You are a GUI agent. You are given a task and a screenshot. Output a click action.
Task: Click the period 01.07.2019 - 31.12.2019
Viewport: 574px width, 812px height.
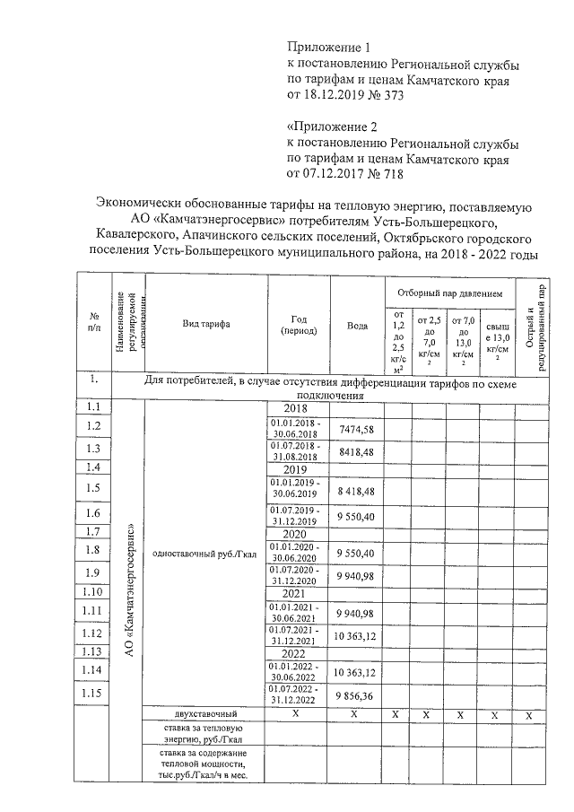coord(299,514)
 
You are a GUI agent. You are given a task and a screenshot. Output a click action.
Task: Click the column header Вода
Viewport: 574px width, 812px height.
coord(357,325)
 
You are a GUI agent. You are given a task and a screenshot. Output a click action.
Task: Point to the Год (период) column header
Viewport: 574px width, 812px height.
coord(299,325)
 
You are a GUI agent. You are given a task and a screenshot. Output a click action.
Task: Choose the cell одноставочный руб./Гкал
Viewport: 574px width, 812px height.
coord(204,554)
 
